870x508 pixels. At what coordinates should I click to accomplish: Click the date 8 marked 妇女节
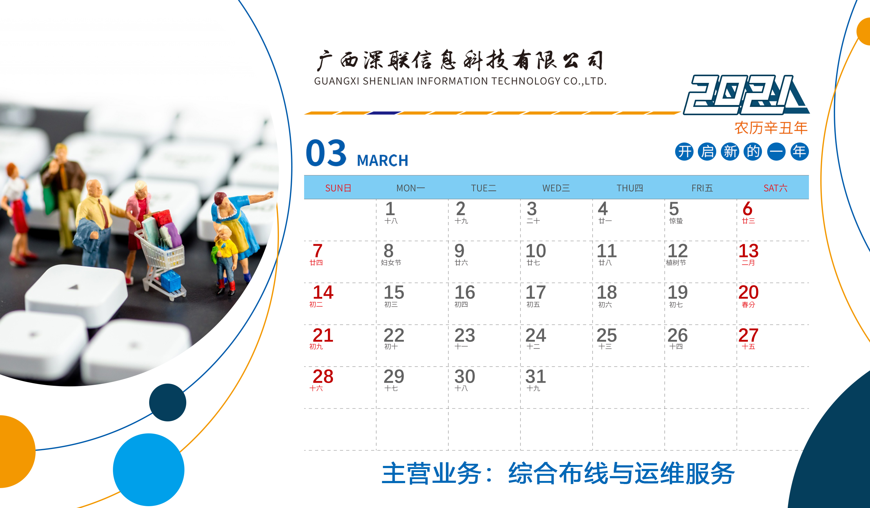click(x=389, y=251)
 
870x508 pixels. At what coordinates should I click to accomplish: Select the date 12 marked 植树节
click(x=677, y=251)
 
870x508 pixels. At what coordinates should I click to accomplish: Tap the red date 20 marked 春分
click(x=748, y=292)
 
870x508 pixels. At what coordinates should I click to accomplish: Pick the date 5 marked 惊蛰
click(x=674, y=209)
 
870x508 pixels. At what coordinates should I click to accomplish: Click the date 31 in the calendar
click(x=536, y=376)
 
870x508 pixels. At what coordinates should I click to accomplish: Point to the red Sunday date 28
click(x=323, y=376)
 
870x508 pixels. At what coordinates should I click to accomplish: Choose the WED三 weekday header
click(x=556, y=188)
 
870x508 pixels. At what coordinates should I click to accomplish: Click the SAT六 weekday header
click(x=775, y=188)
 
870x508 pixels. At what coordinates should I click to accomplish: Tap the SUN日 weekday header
click(x=338, y=188)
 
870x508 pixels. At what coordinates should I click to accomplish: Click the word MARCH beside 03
click(x=382, y=161)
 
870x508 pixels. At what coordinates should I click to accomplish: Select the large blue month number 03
click(x=326, y=153)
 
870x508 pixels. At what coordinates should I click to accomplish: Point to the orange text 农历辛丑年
click(x=771, y=128)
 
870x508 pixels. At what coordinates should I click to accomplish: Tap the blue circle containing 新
click(x=730, y=152)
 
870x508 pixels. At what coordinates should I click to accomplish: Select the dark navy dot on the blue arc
click(x=168, y=402)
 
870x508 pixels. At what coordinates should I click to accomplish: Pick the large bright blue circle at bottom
click(x=149, y=470)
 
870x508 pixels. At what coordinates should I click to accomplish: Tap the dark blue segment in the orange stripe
click(x=383, y=113)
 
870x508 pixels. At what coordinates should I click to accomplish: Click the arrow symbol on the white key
click(x=74, y=287)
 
